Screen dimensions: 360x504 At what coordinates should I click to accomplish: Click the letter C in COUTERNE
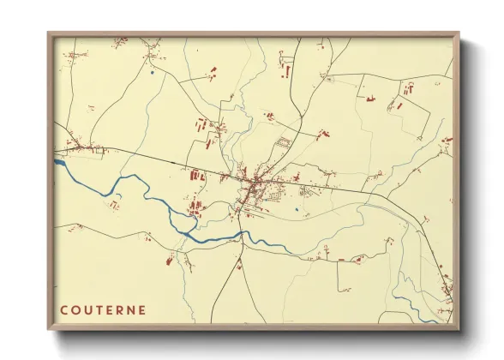coord(64,310)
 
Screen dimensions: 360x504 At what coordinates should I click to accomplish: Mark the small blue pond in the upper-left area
coord(152,73)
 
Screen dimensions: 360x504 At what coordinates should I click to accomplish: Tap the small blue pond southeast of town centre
coord(296,208)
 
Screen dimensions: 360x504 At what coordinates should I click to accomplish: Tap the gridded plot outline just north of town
coord(284,142)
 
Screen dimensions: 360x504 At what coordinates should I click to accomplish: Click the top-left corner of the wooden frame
coord(49,34)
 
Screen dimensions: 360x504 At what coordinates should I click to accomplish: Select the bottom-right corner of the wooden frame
coord(458,328)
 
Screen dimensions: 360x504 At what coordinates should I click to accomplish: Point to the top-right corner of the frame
coord(458,34)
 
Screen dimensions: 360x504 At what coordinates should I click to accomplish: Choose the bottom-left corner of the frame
coord(49,328)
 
